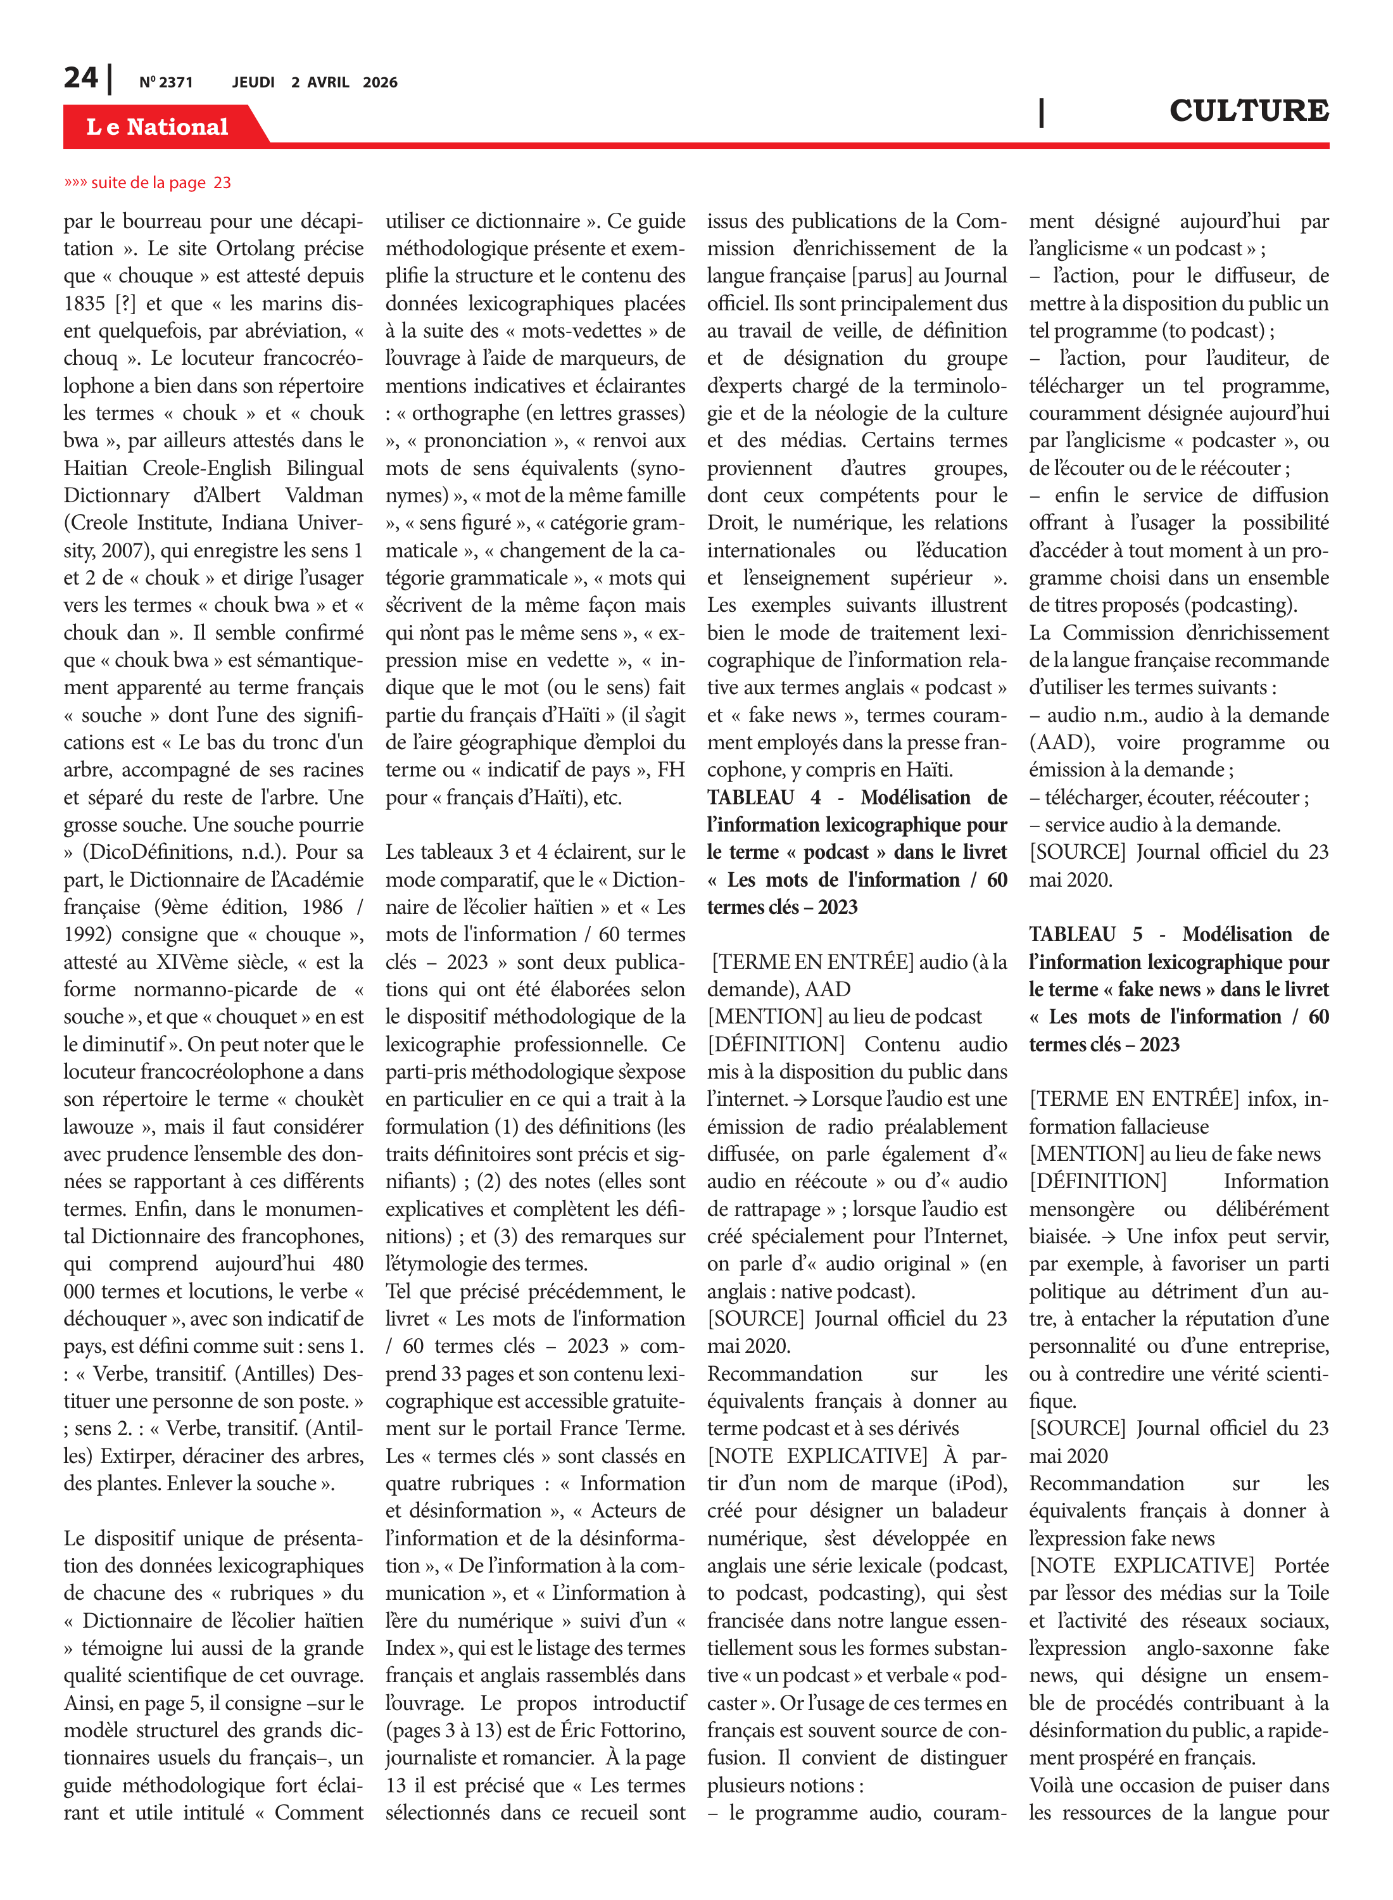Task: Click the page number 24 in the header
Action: pyautogui.click(x=81, y=79)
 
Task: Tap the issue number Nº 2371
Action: pyautogui.click(x=166, y=82)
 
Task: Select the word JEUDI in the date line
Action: pyautogui.click(x=253, y=82)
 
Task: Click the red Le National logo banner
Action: pyautogui.click(x=158, y=127)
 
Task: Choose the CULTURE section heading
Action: pyautogui.click(x=1248, y=110)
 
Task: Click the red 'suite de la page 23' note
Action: pyautogui.click(x=148, y=182)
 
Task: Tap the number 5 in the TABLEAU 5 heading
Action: pyautogui.click(x=1137, y=934)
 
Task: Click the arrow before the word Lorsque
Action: pyautogui.click(x=799, y=1099)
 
